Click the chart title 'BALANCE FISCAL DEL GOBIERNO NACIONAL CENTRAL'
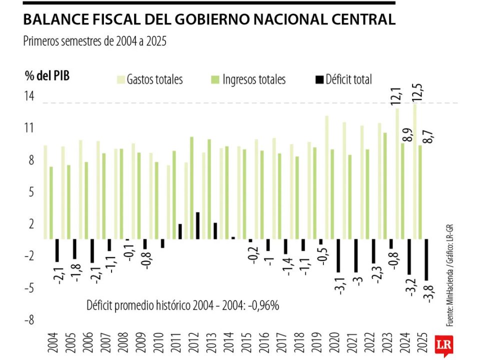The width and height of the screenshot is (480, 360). point(209,19)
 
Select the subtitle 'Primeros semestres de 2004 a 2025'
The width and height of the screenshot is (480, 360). point(94,41)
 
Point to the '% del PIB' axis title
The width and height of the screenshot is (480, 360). point(47,76)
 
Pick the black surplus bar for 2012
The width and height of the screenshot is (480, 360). point(197,225)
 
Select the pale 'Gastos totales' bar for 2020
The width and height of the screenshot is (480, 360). point(326,177)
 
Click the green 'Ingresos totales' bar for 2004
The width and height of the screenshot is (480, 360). point(51,202)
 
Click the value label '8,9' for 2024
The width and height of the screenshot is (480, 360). point(408,134)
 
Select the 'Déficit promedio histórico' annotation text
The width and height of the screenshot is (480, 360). point(182,305)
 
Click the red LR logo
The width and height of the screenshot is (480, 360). point(441,344)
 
